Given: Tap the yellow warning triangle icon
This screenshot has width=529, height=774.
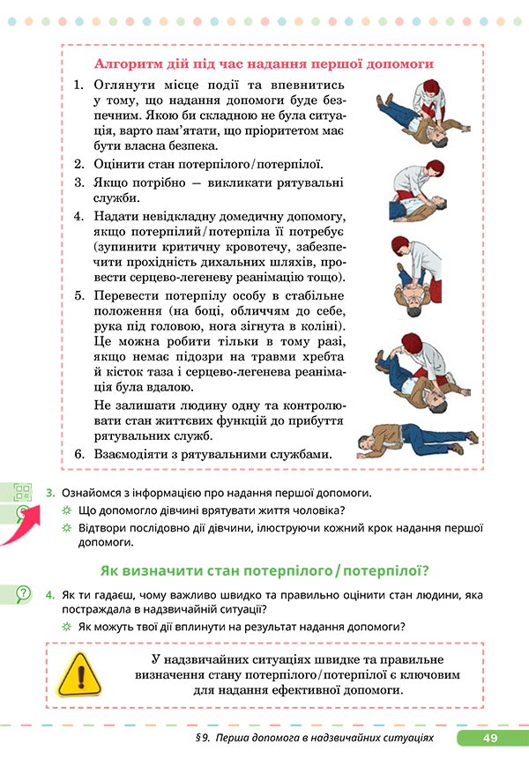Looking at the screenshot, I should coord(80,676).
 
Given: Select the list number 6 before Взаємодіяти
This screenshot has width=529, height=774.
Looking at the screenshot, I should coord(78,454).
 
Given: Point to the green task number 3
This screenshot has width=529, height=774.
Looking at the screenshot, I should coord(51,493).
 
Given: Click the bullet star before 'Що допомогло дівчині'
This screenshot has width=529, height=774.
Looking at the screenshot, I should coord(66,512).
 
